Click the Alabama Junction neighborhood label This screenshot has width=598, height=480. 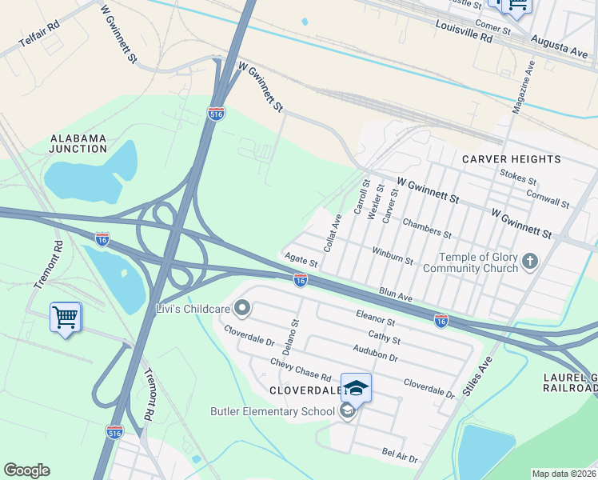click(78, 143)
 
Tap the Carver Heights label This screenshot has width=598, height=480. click(512, 159)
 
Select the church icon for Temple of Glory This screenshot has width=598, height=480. click(529, 261)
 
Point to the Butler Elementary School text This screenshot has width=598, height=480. click(272, 412)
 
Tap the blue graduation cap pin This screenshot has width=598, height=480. click(356, 388)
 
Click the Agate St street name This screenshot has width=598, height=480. click(301, 259)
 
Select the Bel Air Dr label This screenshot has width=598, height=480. click(400, 456)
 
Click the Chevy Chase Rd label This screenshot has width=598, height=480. click(301, 370)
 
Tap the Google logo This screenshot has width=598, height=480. click(26, 470)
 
